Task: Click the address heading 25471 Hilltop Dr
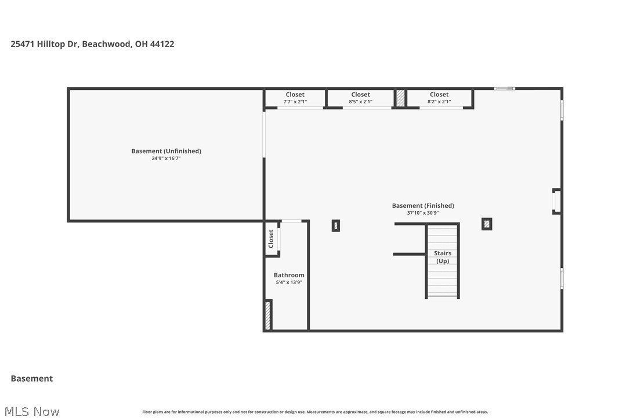click(92, 44)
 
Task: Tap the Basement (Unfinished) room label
click(166, 151)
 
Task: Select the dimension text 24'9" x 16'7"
click(166, 158)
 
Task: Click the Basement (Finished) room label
click(423, 205)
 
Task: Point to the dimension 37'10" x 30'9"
click(423, 212)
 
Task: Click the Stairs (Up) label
click(443, 257)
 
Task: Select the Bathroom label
click(289, 275)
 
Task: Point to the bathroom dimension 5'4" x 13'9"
click(289, 282)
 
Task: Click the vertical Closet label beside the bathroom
click(271, 238)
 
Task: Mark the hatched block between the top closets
click(400, 97)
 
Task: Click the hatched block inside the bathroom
click(268, 315)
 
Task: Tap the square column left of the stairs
click(336, 226)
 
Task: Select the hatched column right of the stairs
click(487, 223)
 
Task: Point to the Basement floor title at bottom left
click(32, 378)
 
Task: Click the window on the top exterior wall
click(504, 88)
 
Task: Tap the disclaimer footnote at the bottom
click(315, 412)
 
